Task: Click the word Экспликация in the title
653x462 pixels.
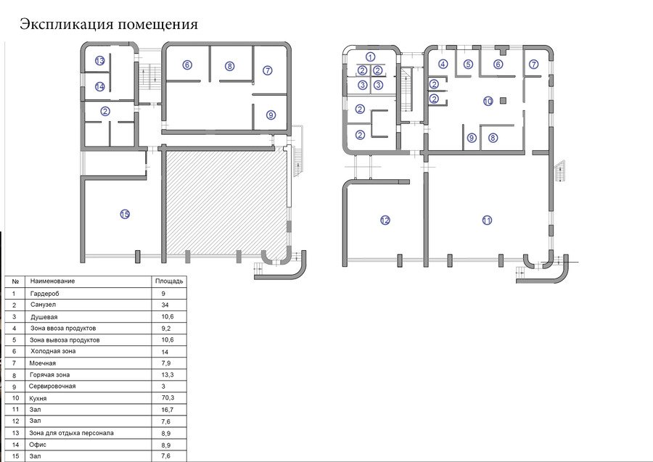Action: point(67,24)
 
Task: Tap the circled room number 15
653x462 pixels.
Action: point(125,215)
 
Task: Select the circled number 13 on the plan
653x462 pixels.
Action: point(99,61)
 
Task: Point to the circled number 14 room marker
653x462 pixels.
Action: point(99,86)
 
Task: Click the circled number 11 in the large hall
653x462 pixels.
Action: point(487,220)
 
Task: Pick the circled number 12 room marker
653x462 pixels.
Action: point(385,220)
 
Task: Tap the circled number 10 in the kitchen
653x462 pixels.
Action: point(488,101)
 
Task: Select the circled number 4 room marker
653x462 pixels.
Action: point(443,64)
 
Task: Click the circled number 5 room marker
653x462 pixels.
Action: point(469,64)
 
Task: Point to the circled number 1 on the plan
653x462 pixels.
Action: point(370,57)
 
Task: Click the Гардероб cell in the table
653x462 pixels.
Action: point(44,294)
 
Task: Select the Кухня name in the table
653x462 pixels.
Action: point(38,398)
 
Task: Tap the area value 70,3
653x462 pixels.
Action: point(168,398)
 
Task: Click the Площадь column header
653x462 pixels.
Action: point(169,281)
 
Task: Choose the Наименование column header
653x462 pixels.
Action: point(52,281)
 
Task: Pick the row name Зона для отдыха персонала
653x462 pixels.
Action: point(71,433)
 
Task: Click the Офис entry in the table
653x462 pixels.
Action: point(38,445)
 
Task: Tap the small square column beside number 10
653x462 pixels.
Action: point(504,100)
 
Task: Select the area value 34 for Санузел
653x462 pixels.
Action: point(165,305)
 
